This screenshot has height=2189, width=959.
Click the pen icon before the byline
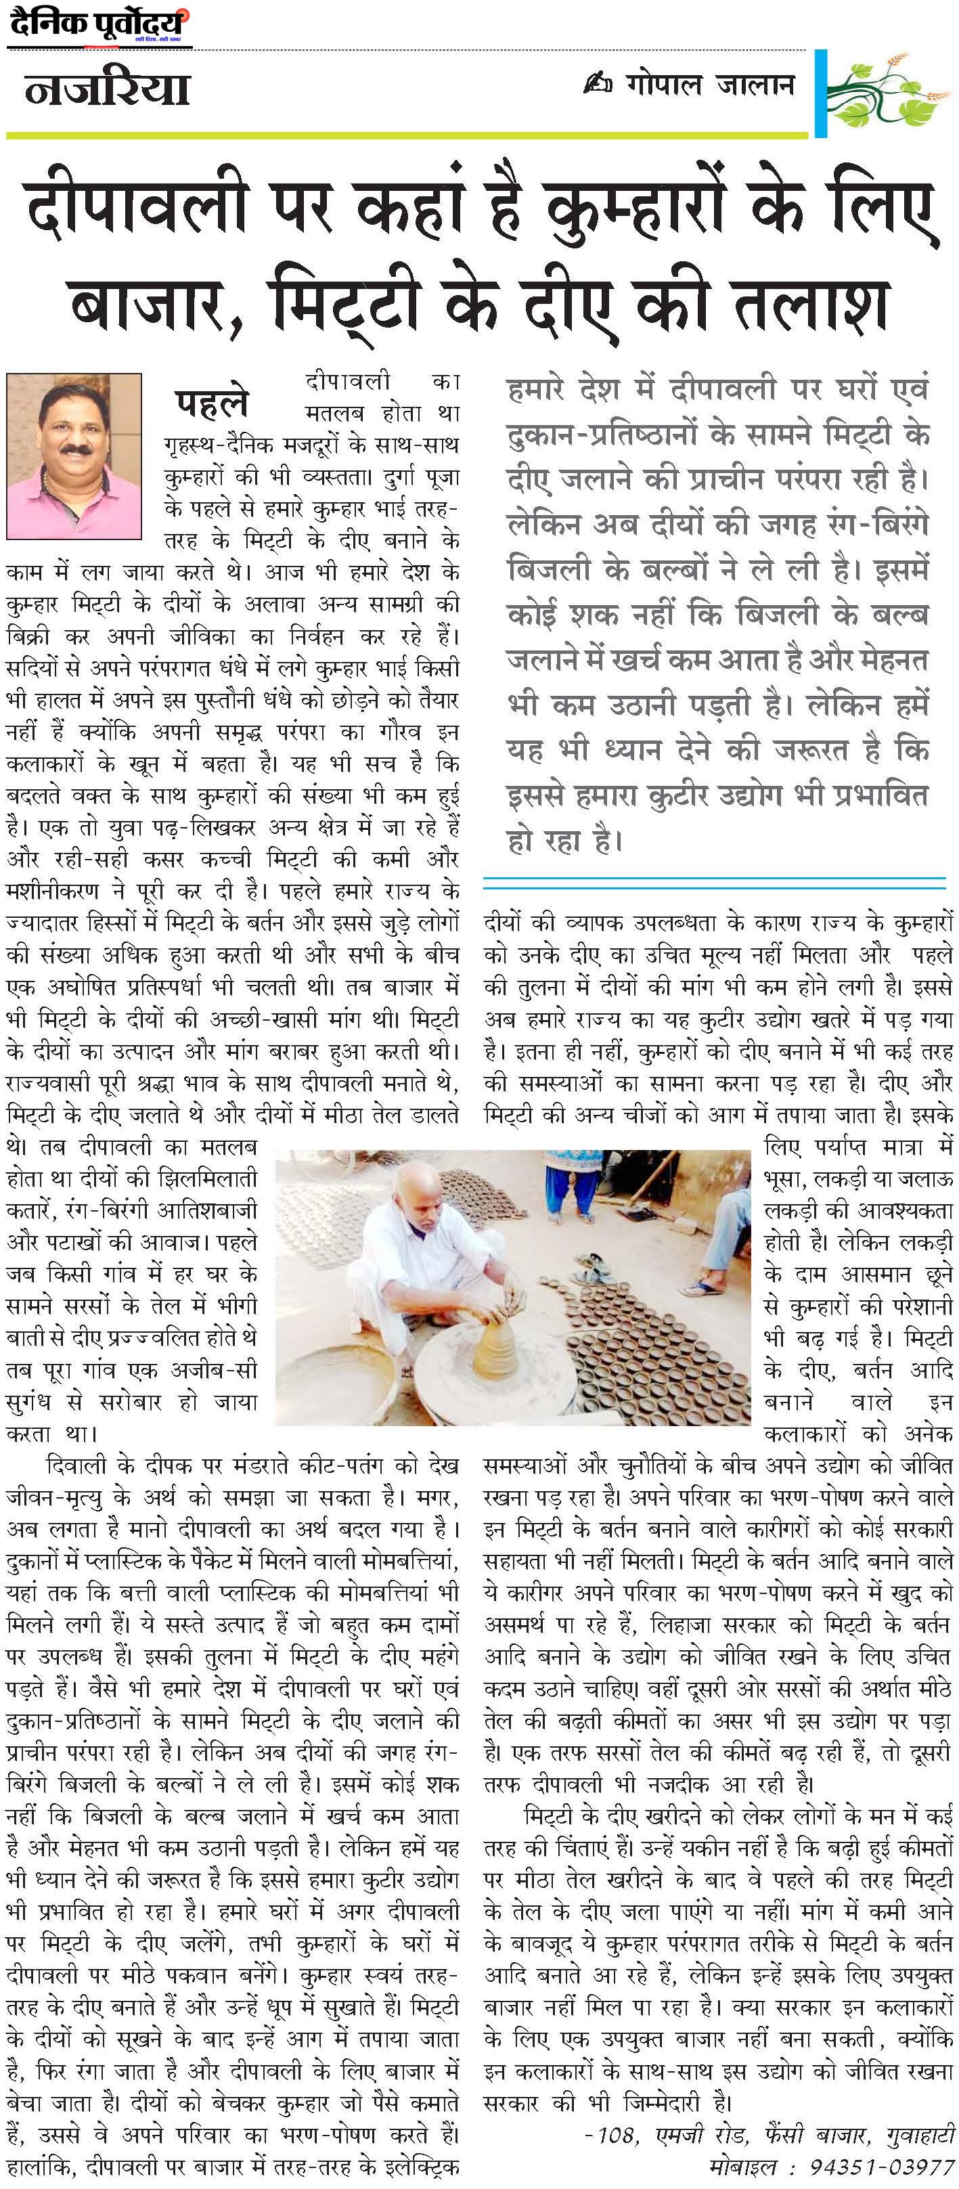(x=596, y=85)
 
